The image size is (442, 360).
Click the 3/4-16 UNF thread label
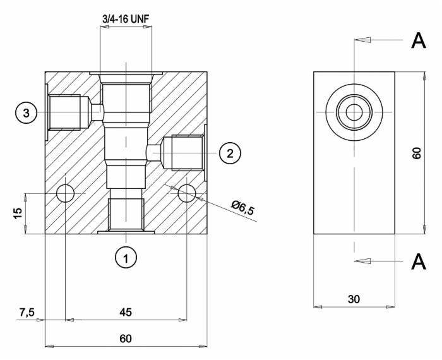pos(126,19)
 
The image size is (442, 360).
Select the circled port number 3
pos(27,113)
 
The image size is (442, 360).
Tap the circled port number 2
pos(230,153)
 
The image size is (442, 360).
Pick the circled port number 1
pos(126,258)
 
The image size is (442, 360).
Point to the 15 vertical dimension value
pos(18,213)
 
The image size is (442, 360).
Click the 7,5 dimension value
pos(27,313)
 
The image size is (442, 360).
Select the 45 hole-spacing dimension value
pos(126,312)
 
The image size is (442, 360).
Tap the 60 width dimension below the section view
pos(126,339)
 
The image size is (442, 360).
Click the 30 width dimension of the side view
pos(354,299)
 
